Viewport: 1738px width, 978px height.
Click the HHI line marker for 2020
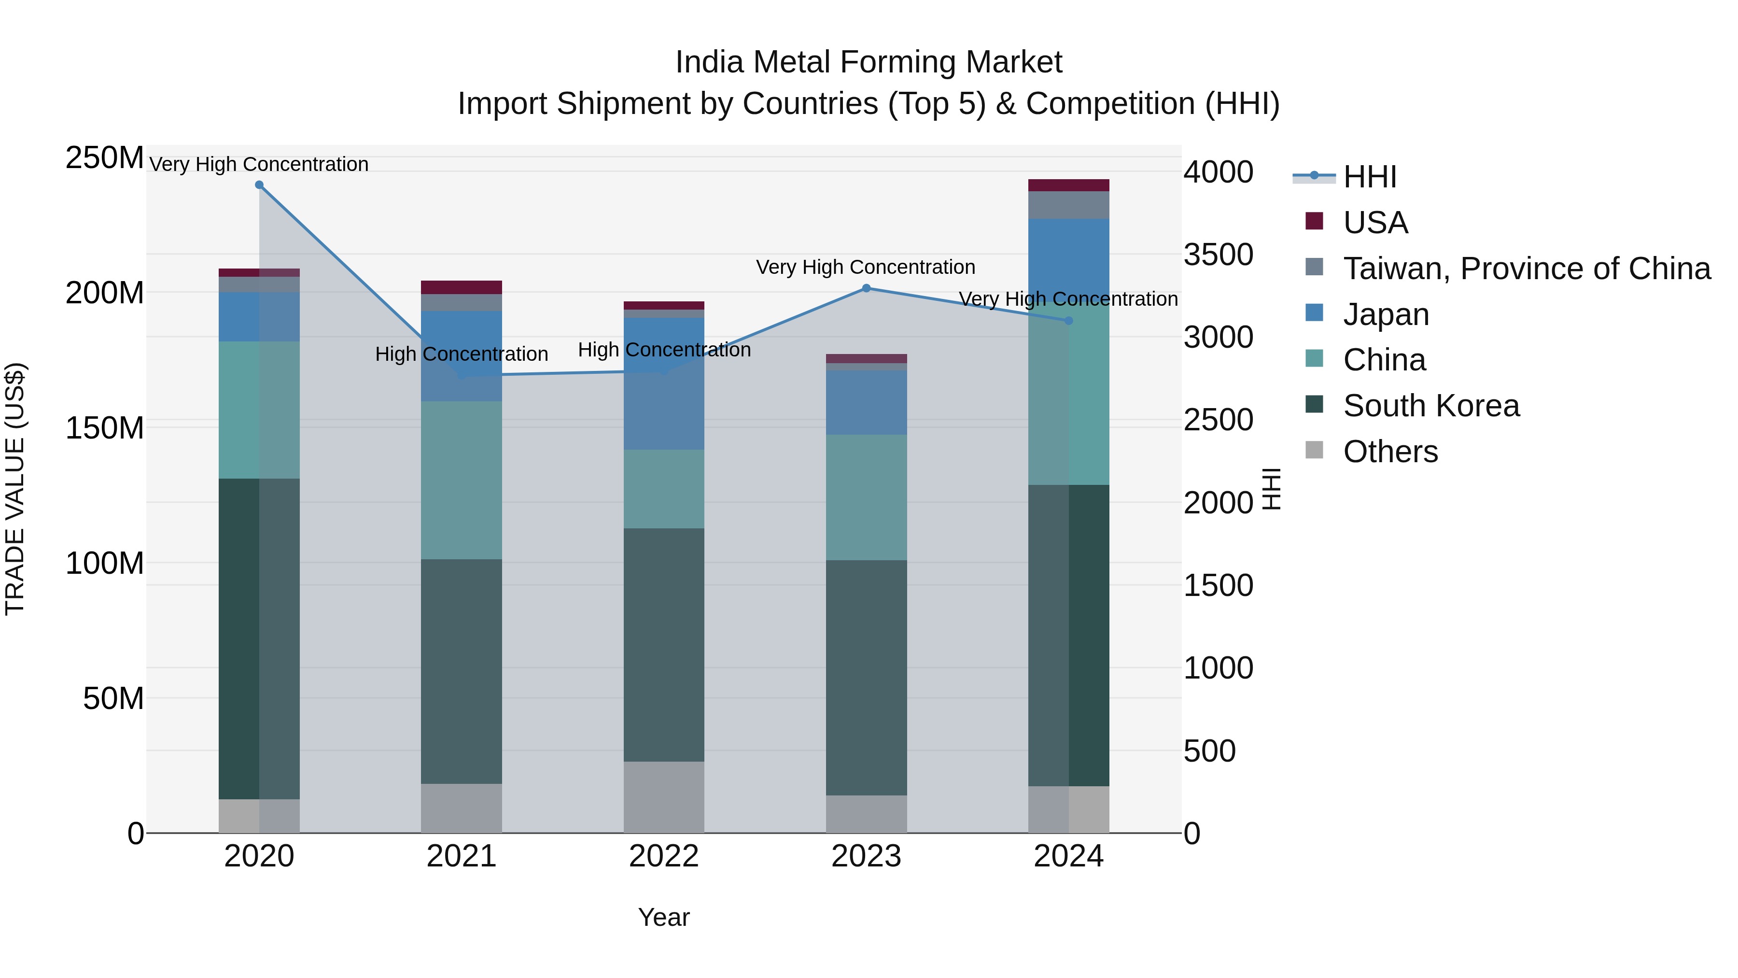click(259, 185)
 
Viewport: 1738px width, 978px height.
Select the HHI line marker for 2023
click(866, 288)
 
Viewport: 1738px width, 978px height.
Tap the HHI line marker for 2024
click(1069, 321)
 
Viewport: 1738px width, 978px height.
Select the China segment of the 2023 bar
click(866, 497)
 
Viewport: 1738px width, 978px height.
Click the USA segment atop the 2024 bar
click(1069, 185)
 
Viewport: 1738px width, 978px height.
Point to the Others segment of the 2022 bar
click(664, 797)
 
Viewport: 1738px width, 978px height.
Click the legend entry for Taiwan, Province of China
click(1526, 269)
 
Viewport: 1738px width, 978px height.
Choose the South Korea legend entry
click(1430, 406)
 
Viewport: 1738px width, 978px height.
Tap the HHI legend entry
click(1370, 177)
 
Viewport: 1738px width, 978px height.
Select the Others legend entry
click(1390, 452)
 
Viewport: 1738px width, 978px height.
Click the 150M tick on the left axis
click(105, 428)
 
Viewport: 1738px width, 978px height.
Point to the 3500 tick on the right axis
click(1219, 255)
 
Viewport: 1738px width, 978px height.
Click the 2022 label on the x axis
click(664, 856)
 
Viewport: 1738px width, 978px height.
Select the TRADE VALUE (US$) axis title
click(15, 489)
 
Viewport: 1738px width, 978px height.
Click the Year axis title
click(664, 917)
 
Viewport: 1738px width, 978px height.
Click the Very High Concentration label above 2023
click(866, 267)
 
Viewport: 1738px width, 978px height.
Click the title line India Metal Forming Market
click(869, 62)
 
